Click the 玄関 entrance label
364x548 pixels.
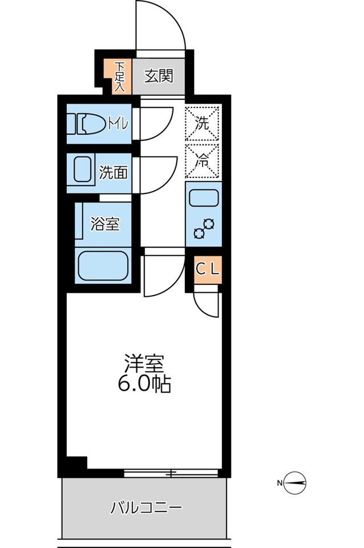(158, 76)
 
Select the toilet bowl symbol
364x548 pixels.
(86, 123)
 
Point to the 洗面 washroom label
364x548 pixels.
(113, 172)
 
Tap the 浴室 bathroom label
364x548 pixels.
(105, 224)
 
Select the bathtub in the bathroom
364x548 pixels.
(103, 265)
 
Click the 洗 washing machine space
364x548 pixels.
(203, 122)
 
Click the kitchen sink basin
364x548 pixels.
(203, 198)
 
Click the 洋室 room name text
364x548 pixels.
(144, 363)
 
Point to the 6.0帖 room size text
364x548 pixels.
(144, 384)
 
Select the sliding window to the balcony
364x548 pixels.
(171, 473)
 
